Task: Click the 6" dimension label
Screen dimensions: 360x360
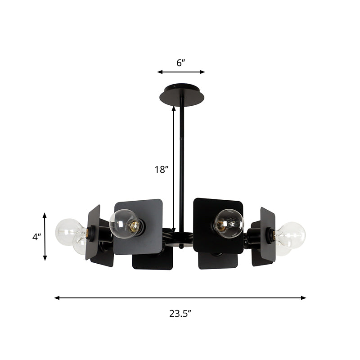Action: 181,63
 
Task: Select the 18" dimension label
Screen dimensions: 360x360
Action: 161,170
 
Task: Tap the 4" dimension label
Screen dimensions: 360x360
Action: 36,237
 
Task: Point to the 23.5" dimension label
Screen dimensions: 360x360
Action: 180,314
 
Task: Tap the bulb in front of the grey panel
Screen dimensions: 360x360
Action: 124,223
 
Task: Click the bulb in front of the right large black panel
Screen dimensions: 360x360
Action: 228,223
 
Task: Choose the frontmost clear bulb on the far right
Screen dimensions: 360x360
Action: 291,234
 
